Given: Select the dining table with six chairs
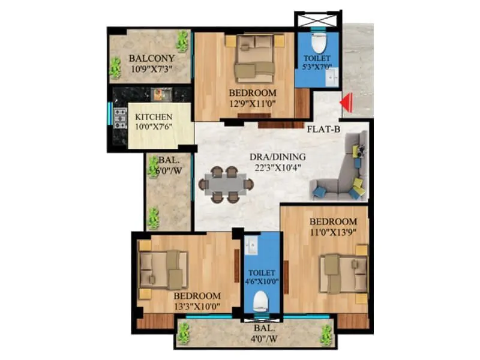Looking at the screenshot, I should [x=226, y=184].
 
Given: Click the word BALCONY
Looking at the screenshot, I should [x=152, y=59].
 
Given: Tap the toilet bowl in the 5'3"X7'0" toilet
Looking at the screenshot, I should [x=318, y=44].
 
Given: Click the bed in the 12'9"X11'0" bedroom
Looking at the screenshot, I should [x=254, y=59].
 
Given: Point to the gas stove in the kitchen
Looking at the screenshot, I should [x=120, y=118].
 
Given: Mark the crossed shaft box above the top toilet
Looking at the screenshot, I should [x=318, y=20].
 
